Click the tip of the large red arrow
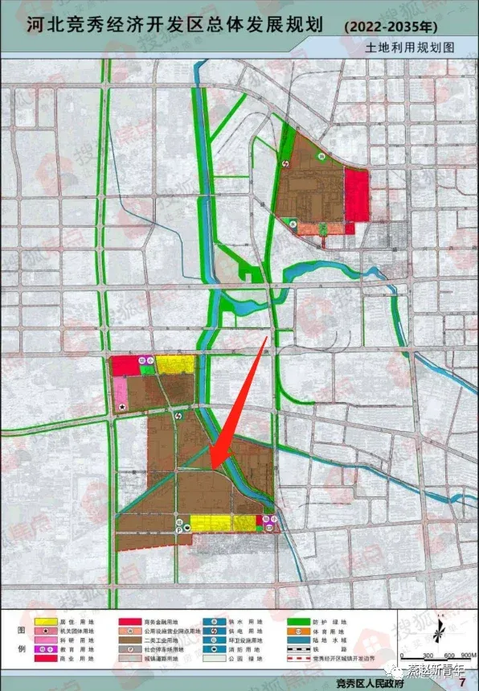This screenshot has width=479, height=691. (x=212, y=466)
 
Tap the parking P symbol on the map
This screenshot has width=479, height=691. (x=178, y=529)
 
